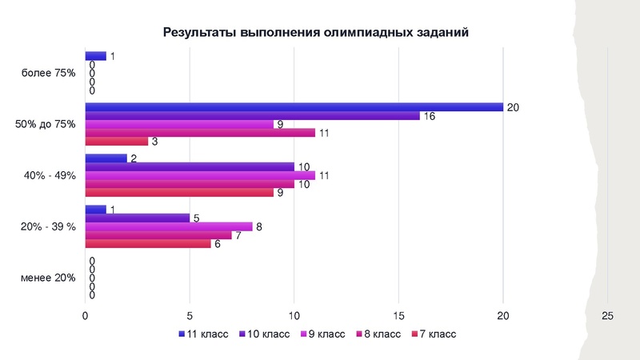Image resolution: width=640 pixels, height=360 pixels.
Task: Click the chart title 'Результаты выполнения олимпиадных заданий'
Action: point(315,33)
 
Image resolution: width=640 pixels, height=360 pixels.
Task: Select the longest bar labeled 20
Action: point(294,107)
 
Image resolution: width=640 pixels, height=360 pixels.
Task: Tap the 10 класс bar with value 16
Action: point(252,116)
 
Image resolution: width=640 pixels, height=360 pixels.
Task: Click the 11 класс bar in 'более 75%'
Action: point(95,56)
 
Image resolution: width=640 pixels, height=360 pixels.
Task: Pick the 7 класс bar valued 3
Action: point(116,142)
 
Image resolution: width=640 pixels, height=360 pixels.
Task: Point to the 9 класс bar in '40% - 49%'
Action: point(200,175)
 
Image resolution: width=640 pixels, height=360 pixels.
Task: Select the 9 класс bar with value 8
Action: point(169,226)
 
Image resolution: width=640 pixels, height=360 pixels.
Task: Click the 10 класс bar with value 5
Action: point(138,218)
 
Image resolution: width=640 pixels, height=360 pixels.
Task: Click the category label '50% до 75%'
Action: point(46,124)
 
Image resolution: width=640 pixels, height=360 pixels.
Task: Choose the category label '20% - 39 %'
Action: point(47,227)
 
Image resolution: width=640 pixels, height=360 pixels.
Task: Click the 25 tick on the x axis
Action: point(607,316)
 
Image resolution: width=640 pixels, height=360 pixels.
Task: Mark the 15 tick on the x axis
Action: point(398,316)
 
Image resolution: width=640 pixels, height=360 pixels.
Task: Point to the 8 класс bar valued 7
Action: point(158,235)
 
